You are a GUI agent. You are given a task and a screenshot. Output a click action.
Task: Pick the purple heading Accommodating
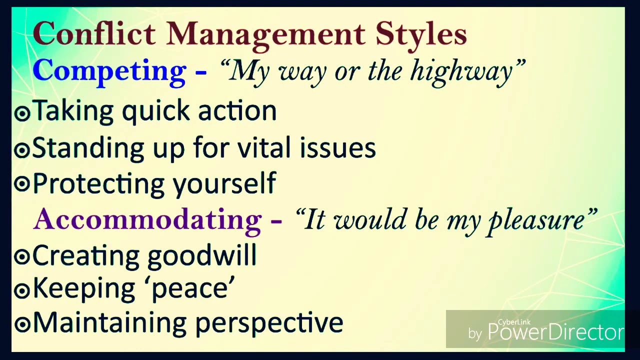[147, 219]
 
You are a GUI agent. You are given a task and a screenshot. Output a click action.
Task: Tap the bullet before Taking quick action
[22, 113]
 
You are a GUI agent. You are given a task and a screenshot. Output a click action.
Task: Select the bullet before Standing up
[22, 149]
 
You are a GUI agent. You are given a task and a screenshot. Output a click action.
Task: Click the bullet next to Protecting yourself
[22, 184]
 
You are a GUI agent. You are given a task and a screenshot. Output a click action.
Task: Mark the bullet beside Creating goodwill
[22, 256]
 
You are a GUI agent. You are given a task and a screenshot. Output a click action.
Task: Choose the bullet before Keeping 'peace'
[22, 290]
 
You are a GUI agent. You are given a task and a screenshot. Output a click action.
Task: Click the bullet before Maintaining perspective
[22, 324]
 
